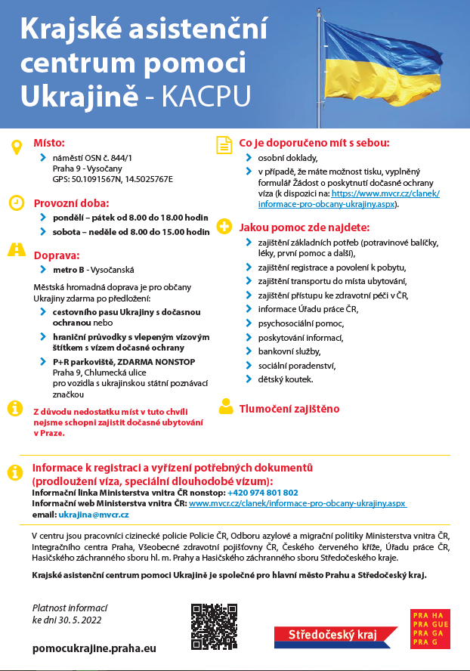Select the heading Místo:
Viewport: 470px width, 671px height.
tap(49, 142)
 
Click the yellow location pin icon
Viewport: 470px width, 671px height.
tap(15, 147)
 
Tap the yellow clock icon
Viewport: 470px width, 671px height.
tap(15, 203)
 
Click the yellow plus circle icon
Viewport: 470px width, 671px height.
tap(224, 226)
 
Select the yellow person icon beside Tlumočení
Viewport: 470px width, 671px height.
tap(224, 407)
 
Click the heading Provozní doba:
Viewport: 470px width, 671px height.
tap(71, 203)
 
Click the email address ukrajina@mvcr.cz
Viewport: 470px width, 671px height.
tap(93, 514)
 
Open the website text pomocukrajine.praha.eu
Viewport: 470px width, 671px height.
tap(94, 648)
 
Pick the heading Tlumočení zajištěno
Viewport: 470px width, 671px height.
tap(289, 408)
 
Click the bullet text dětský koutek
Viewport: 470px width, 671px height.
tap(285, 379)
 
